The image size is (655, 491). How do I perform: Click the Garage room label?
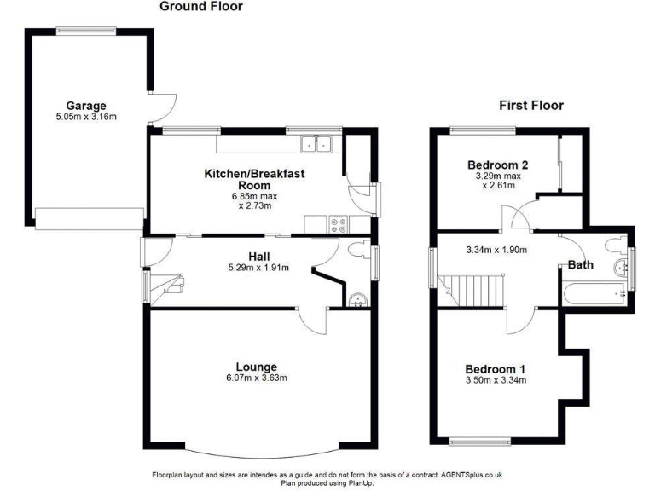coord(86,106)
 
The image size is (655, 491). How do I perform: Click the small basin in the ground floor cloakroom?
coord(357,299)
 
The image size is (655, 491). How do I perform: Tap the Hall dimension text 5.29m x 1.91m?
coord(258,268)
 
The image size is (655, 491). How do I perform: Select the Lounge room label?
coord(257,367)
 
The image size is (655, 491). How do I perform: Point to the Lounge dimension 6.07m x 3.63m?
coord(257,378)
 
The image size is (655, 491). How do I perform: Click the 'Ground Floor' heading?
coord(201,7)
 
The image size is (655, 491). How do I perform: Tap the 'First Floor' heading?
coord(530,106)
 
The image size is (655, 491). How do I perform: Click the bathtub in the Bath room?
coord(595,295)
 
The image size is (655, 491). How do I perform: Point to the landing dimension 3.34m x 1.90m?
coord(498,251)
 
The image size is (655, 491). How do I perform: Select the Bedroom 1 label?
coord(495,368)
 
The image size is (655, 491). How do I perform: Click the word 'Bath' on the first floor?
coord(581,265)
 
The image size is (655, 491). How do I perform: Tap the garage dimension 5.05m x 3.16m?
coord(86,117)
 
